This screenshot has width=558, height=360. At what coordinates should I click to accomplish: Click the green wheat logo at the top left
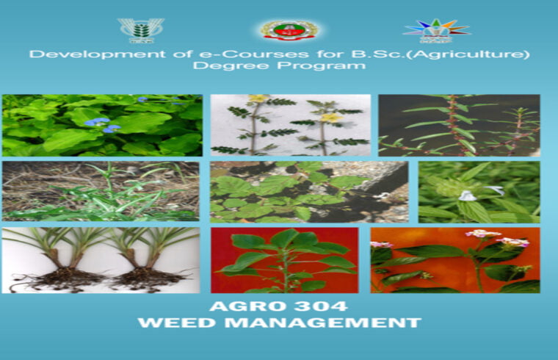[x=136, y=31]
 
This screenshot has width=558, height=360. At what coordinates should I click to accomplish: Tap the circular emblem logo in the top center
[x=289, y=30]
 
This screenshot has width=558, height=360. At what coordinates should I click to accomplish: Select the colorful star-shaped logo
[x=436, y=31]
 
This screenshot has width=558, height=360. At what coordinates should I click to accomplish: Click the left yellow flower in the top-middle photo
[x=257, y=99]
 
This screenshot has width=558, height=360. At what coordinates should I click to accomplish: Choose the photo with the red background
[x=284, y=260]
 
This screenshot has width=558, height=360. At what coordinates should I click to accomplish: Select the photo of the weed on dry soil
[x=100, y=191]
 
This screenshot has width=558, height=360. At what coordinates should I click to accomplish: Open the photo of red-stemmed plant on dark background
[x=459, y=125]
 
